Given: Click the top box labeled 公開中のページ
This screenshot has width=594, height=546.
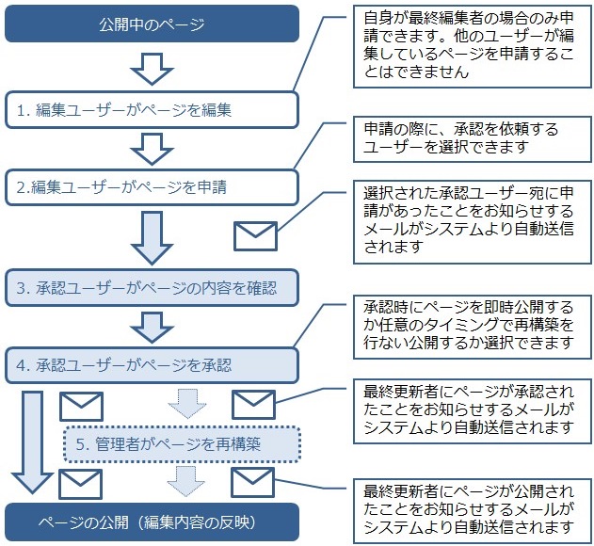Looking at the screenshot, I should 151,24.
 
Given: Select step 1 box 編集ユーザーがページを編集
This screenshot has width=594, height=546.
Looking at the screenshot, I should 151,109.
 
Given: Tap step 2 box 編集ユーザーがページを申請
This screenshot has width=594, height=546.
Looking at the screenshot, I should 151,186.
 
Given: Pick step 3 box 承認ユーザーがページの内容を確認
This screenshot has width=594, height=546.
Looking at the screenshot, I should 151,285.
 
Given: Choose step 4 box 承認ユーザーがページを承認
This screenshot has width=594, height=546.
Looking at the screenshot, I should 151,364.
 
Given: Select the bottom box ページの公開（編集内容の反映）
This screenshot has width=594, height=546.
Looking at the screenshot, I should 151,521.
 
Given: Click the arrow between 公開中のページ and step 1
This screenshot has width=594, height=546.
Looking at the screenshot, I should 152,67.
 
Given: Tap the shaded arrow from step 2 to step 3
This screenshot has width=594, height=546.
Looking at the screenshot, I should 152,237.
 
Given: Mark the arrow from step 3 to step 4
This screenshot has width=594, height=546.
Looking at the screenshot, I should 152,326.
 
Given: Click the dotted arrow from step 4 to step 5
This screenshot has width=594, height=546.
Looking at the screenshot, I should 186,402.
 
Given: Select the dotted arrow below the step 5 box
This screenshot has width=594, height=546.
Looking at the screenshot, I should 186,481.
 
